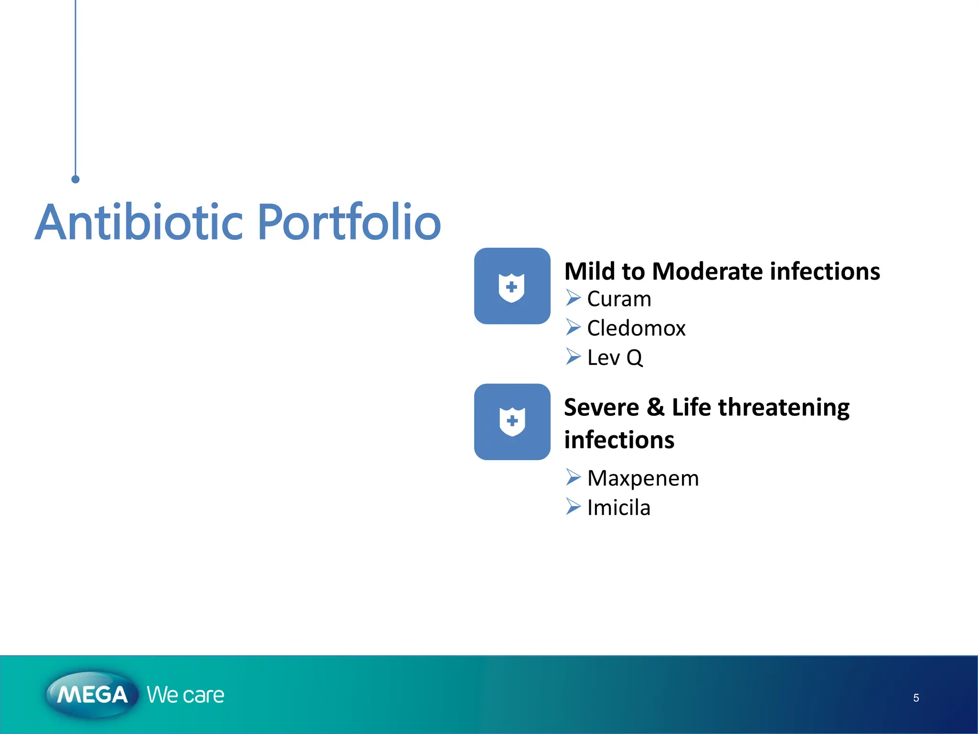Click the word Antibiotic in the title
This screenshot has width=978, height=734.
click(139, 223)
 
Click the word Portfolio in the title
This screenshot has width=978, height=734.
click(349, 223)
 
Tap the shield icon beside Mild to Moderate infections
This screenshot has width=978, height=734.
click(512, 286)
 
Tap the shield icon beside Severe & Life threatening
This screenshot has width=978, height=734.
click(512, 422)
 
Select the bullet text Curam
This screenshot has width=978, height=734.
click(619, 299)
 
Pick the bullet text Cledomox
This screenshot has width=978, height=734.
click(636, 328)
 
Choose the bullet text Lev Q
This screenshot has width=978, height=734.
click(615, 357)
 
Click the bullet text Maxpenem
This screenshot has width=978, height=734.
click(643, 478)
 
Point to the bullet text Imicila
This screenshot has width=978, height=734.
click(618, 507)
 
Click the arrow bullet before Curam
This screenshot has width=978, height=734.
click(573, 298)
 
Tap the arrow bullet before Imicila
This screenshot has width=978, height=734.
click(573, 507)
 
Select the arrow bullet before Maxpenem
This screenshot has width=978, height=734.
click(573, 477)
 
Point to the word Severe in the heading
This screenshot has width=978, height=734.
click(601, 408)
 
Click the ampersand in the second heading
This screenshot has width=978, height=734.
click(655, 408)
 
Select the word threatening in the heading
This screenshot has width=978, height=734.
click(784, 408)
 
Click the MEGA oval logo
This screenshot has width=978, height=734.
click(92, 694)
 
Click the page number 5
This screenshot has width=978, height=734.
click(916, 698)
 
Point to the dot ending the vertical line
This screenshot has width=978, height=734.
click(75, 179)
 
